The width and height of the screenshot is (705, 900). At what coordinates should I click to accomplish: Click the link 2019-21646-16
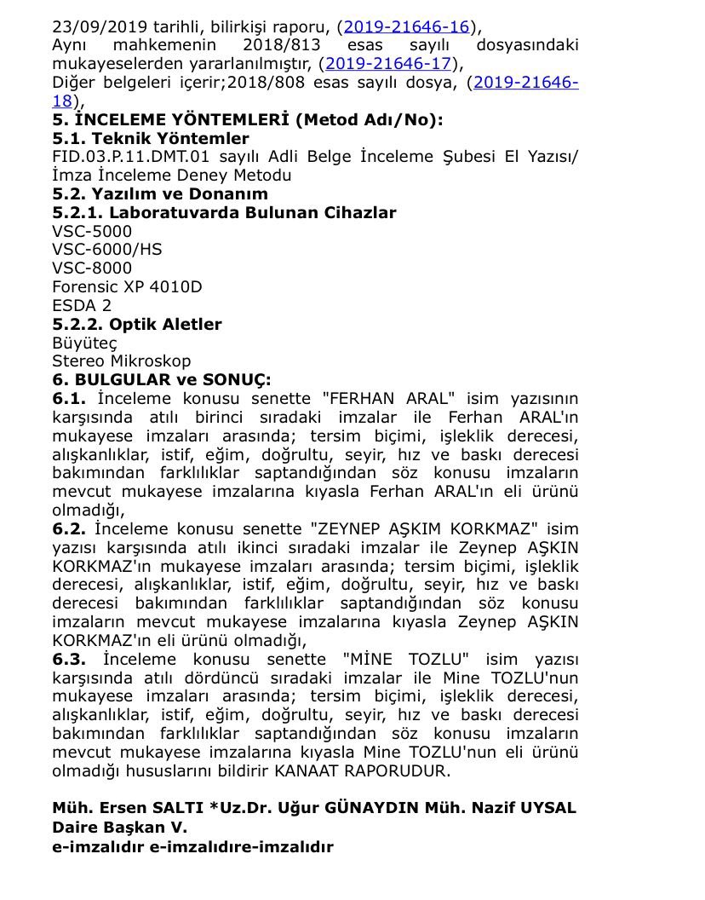click(x=406, y=26)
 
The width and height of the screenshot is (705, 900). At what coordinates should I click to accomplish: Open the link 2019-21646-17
click(x=387, y=63)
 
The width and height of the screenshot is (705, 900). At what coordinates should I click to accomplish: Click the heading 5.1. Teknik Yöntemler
click(x=151, y=138)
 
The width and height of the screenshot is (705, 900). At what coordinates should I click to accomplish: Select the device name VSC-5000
click(x=92, y=231)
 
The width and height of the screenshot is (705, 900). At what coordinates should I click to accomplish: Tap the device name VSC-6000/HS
click(x=106, y=250)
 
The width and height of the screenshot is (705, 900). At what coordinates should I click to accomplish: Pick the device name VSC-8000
click(x=92, y=268)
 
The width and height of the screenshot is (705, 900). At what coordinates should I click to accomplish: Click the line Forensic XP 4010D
click(x=127, y=287)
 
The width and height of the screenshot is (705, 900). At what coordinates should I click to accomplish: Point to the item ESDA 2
click(x=82, y=305)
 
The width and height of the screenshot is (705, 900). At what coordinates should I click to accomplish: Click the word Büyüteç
click(x=84, y=343)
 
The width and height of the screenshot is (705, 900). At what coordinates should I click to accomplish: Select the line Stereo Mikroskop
click(x=122, y=361)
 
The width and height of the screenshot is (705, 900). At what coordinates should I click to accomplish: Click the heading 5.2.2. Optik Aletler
click(x=137, y=324)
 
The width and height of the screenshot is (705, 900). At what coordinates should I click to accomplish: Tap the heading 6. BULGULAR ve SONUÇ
click(x=161, y=379)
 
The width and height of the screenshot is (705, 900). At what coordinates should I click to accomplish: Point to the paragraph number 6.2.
click(x=69, y=529)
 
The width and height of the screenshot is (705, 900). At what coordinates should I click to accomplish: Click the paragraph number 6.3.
click(x=69, y=659)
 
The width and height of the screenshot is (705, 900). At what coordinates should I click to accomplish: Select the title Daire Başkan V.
click(x=119, y=827)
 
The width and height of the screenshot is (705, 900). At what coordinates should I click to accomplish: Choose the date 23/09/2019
click(x=100, y=26)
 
